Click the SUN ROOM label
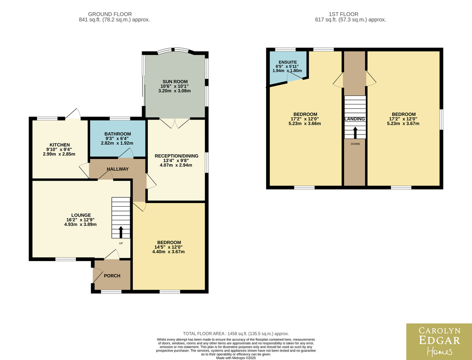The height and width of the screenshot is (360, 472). pos(175,82)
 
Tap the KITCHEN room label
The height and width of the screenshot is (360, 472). pos(60,145)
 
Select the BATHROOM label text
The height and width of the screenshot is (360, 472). pos(118,134)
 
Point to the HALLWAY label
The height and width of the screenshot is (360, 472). pos(118,169)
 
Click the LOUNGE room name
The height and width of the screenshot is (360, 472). pos(81,215)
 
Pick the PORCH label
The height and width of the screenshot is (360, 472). pos(112,276)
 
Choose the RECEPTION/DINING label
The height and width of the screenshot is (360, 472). pos(176,156)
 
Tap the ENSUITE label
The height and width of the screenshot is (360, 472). pos(288,62)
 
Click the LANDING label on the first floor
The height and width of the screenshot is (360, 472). pos(355,119)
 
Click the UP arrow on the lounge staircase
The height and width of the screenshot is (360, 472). pos(121,232)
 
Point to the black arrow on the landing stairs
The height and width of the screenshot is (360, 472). pos(355,133)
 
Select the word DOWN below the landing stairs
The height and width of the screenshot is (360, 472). pos(355,144)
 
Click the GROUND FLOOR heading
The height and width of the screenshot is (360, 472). pos(110,14)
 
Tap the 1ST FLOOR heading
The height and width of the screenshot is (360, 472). pos(343,14)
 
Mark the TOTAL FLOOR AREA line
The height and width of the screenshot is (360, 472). pos(236,334)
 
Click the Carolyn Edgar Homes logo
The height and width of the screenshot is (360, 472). pos(439,342)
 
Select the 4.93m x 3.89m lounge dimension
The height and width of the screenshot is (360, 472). pos(80,225)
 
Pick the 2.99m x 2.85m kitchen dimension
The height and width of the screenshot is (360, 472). pos(59,154)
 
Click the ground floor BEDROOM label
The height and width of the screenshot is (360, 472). pos(169,242)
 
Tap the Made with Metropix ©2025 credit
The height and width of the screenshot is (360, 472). pos(236,358)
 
